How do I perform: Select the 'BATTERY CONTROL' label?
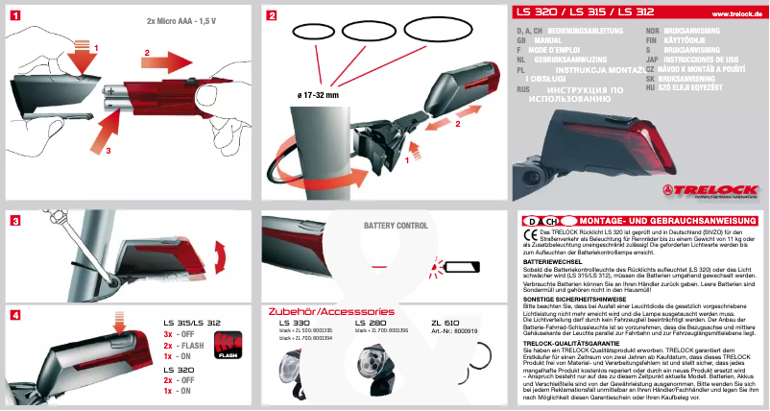pos(396,226)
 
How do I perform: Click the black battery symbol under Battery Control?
pos(475,267)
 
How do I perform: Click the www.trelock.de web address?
pos(737,13)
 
